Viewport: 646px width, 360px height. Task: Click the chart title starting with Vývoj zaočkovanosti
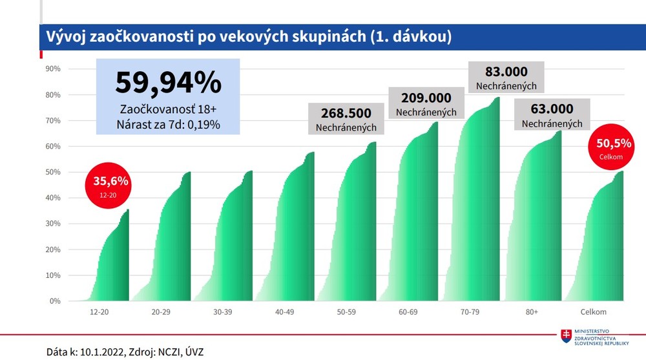pos(245,37)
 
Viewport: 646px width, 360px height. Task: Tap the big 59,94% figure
pos(168,82)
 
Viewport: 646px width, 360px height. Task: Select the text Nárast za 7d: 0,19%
pos(168,125)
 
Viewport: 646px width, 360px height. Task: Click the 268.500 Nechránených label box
pos(346,118)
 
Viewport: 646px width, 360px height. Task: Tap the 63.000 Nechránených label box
pos(552,114)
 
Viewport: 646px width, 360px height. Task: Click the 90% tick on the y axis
pos(52,69)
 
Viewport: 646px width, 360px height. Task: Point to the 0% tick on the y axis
pos(54,301)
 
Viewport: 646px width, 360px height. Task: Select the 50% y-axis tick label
pos(52,173)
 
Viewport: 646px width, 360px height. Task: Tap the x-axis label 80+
pos(532,312)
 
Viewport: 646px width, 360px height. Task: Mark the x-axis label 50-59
pos(346,312)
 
